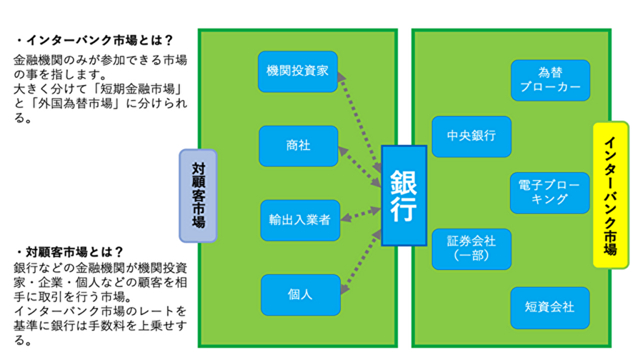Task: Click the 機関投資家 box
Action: tap(297, 71)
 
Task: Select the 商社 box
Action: tap(298, 146)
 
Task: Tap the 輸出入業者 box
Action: tap(299, 220)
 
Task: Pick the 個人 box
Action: tap(300, 294)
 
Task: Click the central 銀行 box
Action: tap(404, 196)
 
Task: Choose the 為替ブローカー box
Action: tap(550, 80)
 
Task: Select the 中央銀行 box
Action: tap(471, 136)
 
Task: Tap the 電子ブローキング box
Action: tap(549, 192)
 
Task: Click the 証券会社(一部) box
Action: tap(471, 249)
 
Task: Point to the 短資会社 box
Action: tap(549, 307)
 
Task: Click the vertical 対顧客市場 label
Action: tap(198, 196)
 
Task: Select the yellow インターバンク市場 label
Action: tap(610, 195)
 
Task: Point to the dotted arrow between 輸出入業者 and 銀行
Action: tap(361, 214)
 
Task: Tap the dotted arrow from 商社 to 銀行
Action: tap(361, 167)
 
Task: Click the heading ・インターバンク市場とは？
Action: tap(94, 41)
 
